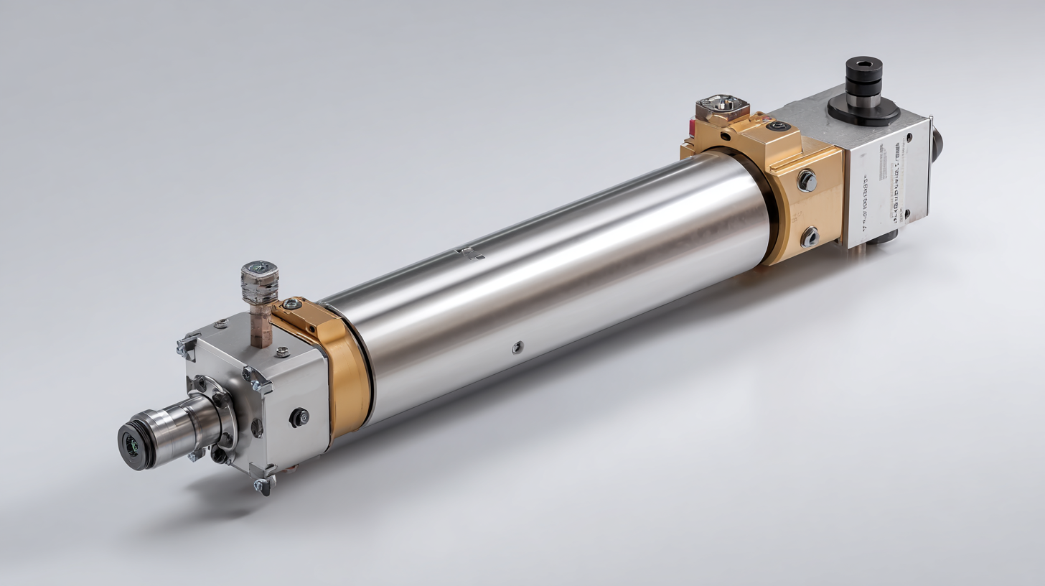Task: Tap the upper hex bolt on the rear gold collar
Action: [x=807, y=181]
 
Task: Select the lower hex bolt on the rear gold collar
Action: [x=810, y=236]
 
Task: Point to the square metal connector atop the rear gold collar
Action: [x=722, y=108]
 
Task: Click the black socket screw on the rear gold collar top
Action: [x=778, y=126]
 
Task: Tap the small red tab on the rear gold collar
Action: [x=690, y=129]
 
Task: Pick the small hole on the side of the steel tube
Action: [x=517, y=348]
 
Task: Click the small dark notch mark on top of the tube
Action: [x=470, y=253]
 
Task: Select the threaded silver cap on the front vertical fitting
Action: [x=259, y=281]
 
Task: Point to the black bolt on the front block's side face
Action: [x=299, y=417]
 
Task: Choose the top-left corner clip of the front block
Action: [x=187, y=346]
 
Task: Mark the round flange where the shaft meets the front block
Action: [x=219, y=417]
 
